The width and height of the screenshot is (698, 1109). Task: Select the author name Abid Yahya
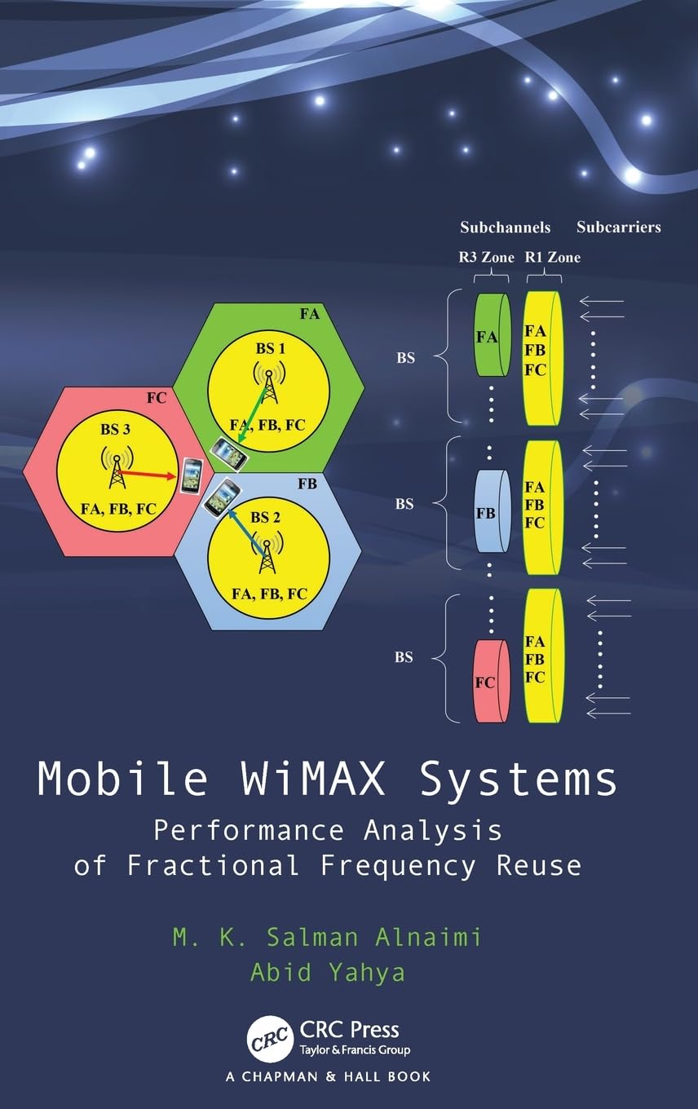[327, 972]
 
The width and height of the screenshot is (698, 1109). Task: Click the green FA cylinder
[491, 335]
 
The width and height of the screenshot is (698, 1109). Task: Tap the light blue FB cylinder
[491, 513]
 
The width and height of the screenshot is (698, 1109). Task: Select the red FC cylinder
[491, 682]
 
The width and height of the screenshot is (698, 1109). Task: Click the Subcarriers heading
[618, 228]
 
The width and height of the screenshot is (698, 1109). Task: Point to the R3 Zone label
[485, 257]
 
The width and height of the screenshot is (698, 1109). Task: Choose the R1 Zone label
[552, 257]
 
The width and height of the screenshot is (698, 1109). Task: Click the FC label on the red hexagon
[157, 399]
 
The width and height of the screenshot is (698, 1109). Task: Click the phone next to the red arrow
[192, 475]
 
